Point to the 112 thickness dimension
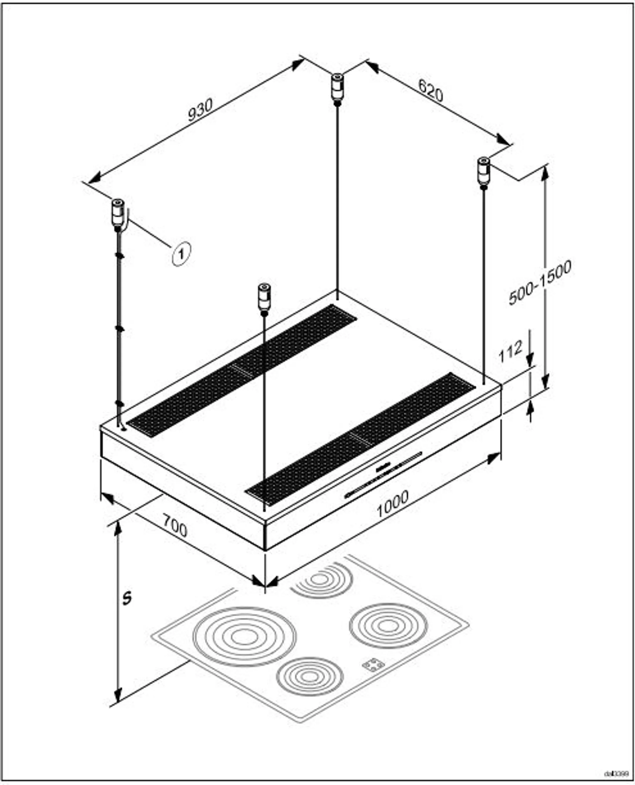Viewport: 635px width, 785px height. point(511,352)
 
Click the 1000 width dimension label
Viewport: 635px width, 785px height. point(392,505)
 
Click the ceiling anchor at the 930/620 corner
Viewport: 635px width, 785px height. point(337,88)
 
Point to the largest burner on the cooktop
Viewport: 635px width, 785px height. point(244,637)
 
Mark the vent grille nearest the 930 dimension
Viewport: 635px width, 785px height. point(241,370)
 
